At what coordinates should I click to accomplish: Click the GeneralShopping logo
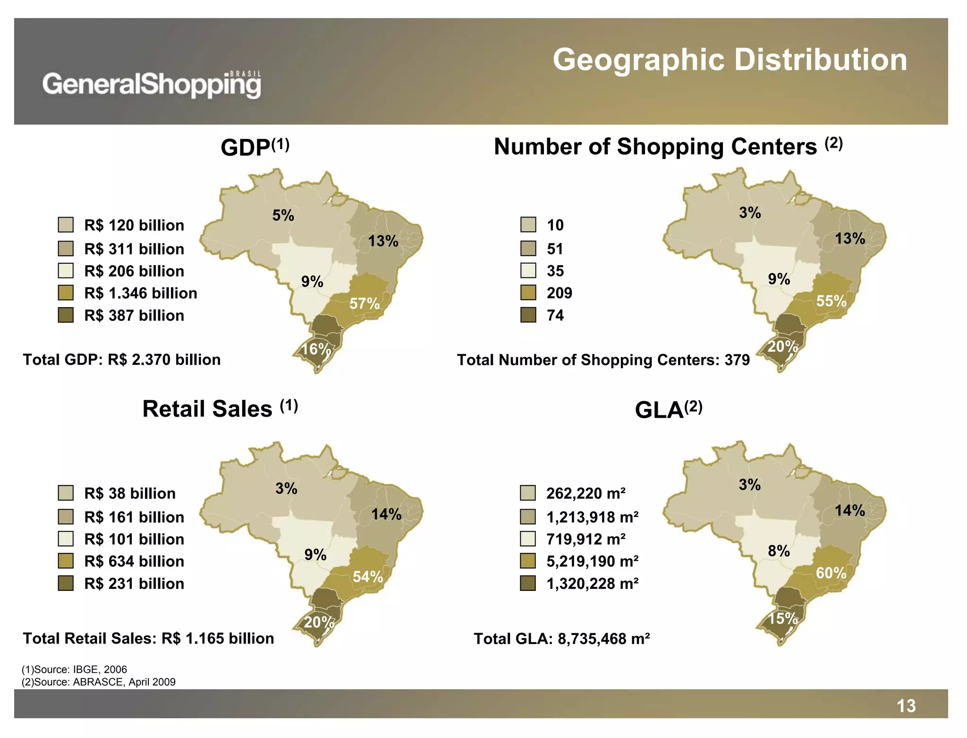point(152,85)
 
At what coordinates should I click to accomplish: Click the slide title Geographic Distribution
point(729,60)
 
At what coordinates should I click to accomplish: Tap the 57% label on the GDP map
point(364,303)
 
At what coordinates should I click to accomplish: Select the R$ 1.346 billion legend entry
point(140,293)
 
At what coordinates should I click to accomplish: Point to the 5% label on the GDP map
point(283,215)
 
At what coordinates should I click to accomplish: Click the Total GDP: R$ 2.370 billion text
point(122,360)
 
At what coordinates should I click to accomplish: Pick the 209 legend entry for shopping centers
point(559,293)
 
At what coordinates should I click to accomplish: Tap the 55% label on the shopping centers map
point(831,301)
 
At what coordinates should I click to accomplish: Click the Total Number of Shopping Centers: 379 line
point(603,360)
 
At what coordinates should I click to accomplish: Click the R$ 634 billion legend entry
point(134,561)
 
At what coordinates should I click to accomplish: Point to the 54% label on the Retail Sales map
point(368,576)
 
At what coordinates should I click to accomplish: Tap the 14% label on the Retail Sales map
point(386,514)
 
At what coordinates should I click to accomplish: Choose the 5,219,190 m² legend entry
point(592,561)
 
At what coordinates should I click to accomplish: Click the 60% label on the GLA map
point(831,573)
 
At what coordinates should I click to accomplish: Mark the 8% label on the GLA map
point(779,551)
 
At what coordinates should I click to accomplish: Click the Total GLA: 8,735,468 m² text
point(561,638)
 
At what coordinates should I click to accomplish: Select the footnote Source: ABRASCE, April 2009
point(99,682)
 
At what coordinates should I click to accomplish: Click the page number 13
point(906,706)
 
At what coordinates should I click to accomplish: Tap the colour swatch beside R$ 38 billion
point(66,493)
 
